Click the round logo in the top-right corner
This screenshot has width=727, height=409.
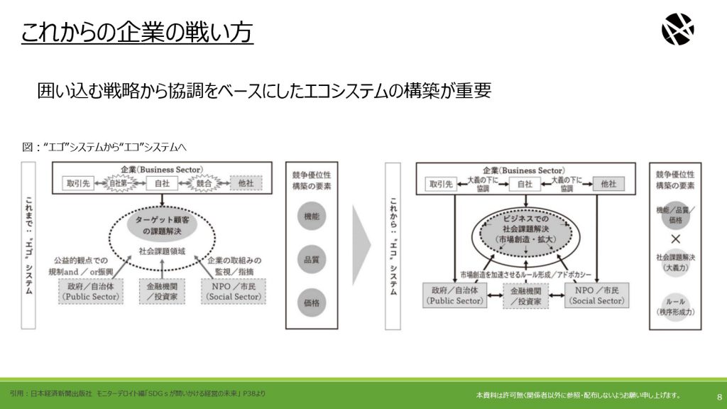(x=677, y=30)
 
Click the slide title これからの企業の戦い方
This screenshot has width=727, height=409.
(x=137, y=32)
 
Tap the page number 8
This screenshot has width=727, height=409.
(x=718, y=396)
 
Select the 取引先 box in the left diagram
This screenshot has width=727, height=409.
(x=78, y=183)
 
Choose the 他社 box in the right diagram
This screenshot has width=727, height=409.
(x=608, y=183)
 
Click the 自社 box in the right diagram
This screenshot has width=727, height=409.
(x=525, y=183)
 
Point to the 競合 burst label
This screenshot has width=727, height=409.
(x=204, y=183)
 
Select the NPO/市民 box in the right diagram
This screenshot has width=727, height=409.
(x=597, y=295)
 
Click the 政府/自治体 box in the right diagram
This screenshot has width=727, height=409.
(x=454, y=295)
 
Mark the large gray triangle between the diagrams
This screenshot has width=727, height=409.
(x=361, y=245)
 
